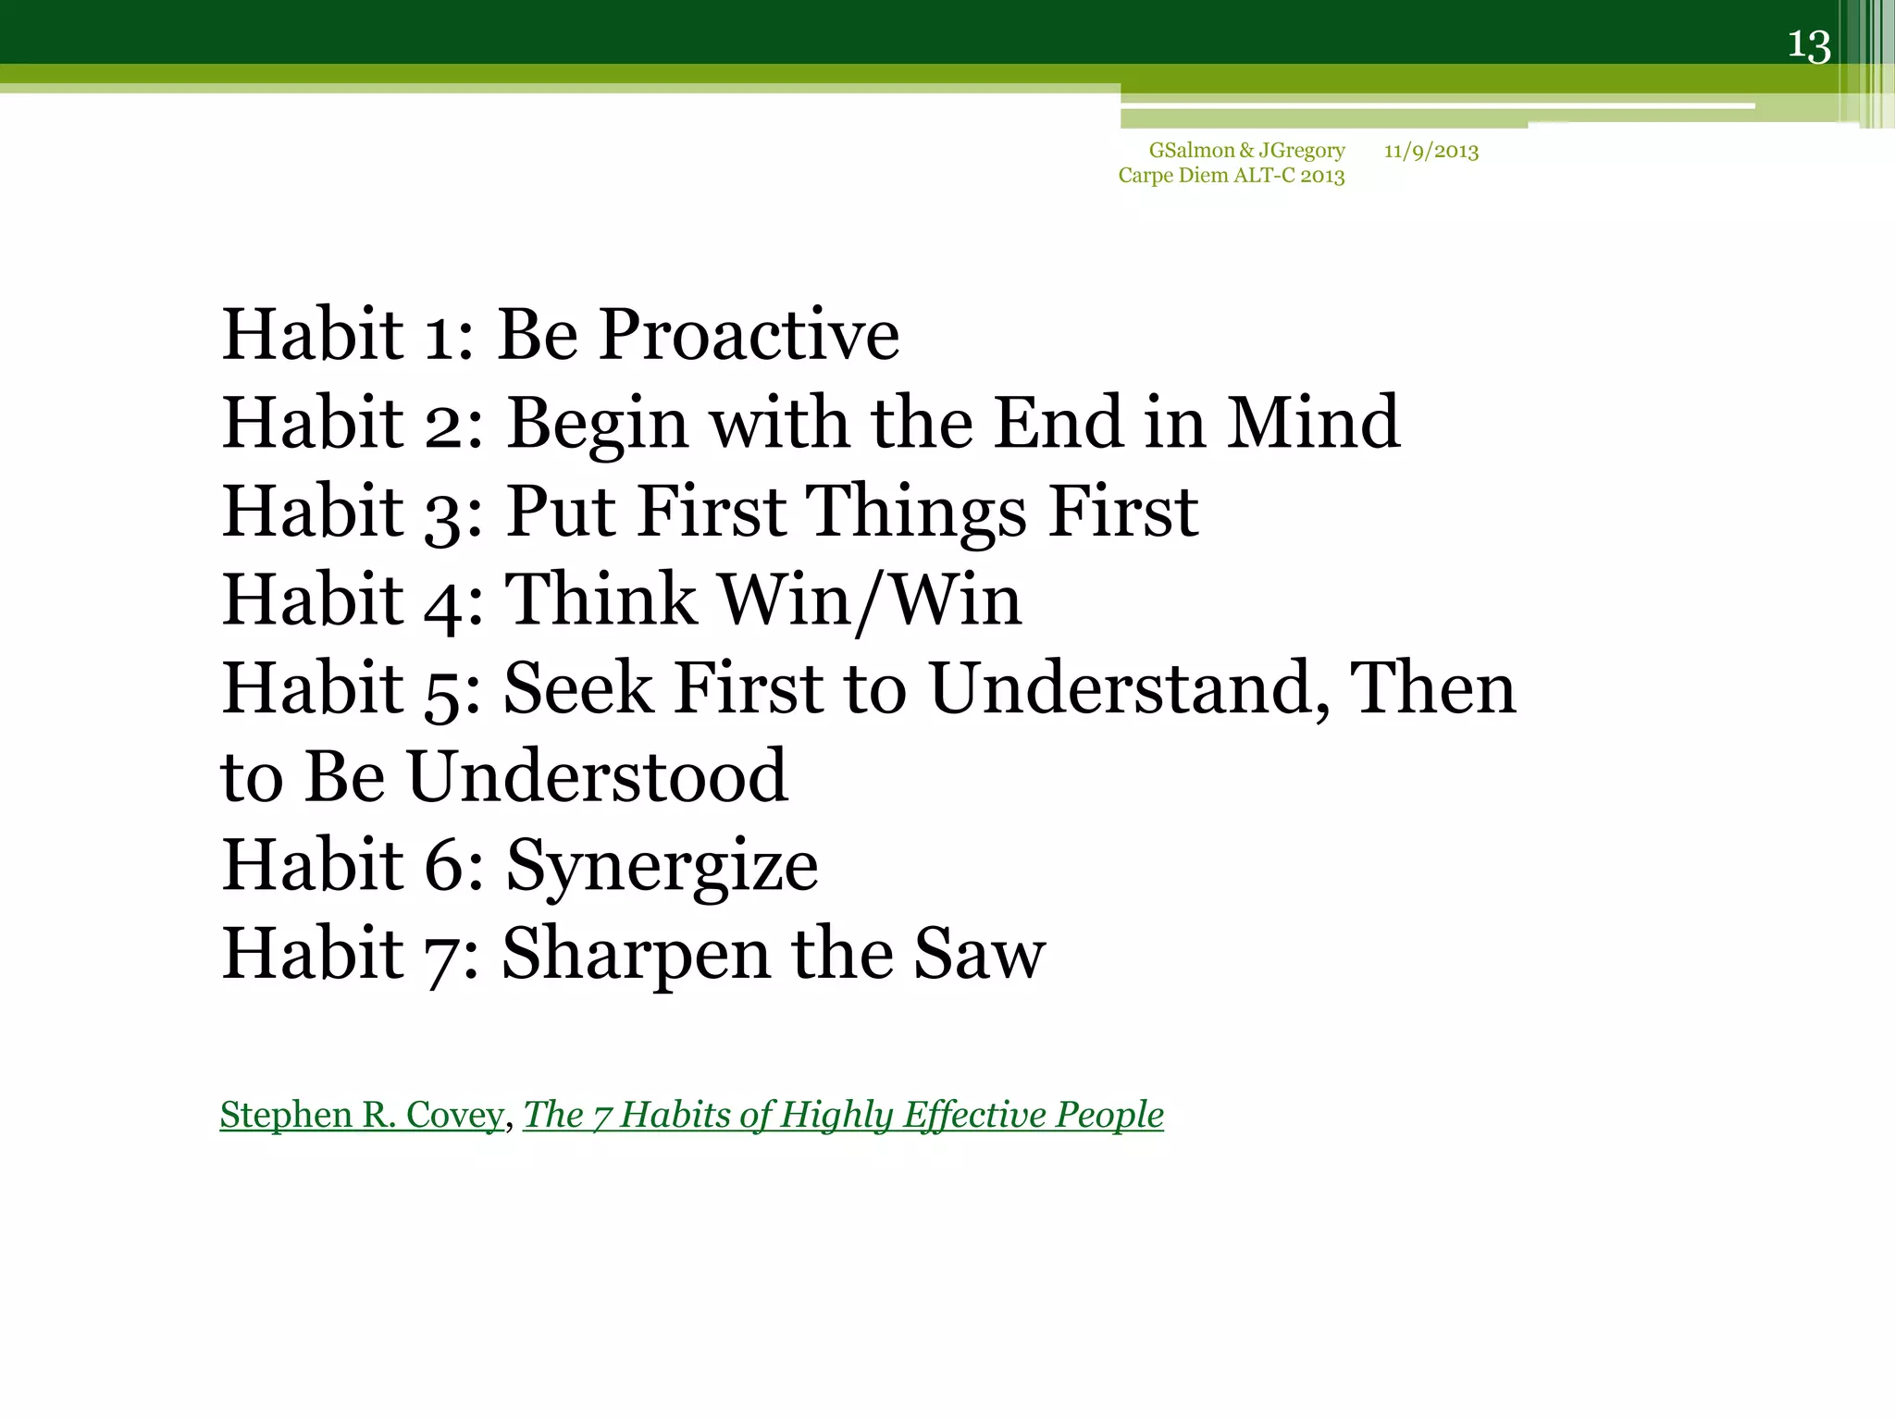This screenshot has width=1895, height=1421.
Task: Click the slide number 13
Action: coord(1809,45)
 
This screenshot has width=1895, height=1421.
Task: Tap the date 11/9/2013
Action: coord(1431,151)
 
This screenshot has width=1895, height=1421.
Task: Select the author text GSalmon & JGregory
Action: coord(1246,151)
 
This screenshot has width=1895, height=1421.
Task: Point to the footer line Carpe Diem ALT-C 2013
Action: coord(1231,176)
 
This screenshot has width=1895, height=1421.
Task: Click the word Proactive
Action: coord(749,334)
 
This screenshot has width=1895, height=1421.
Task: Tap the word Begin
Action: coord(597,425)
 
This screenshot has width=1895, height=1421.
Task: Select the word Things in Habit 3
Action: coord(915,512)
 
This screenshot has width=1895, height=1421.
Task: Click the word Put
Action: coord(560,512)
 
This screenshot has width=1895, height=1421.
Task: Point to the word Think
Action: coord(600,599)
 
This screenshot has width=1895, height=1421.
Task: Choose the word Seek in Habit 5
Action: coord(577,688)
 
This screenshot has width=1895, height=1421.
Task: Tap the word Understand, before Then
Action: coord(1129,689)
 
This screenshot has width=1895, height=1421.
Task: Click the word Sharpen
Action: coord(635,956)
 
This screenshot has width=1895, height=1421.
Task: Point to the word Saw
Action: coord(979,954)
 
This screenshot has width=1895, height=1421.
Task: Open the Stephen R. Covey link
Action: coord(362,1115)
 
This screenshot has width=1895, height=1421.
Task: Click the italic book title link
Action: coord(843,1115)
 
